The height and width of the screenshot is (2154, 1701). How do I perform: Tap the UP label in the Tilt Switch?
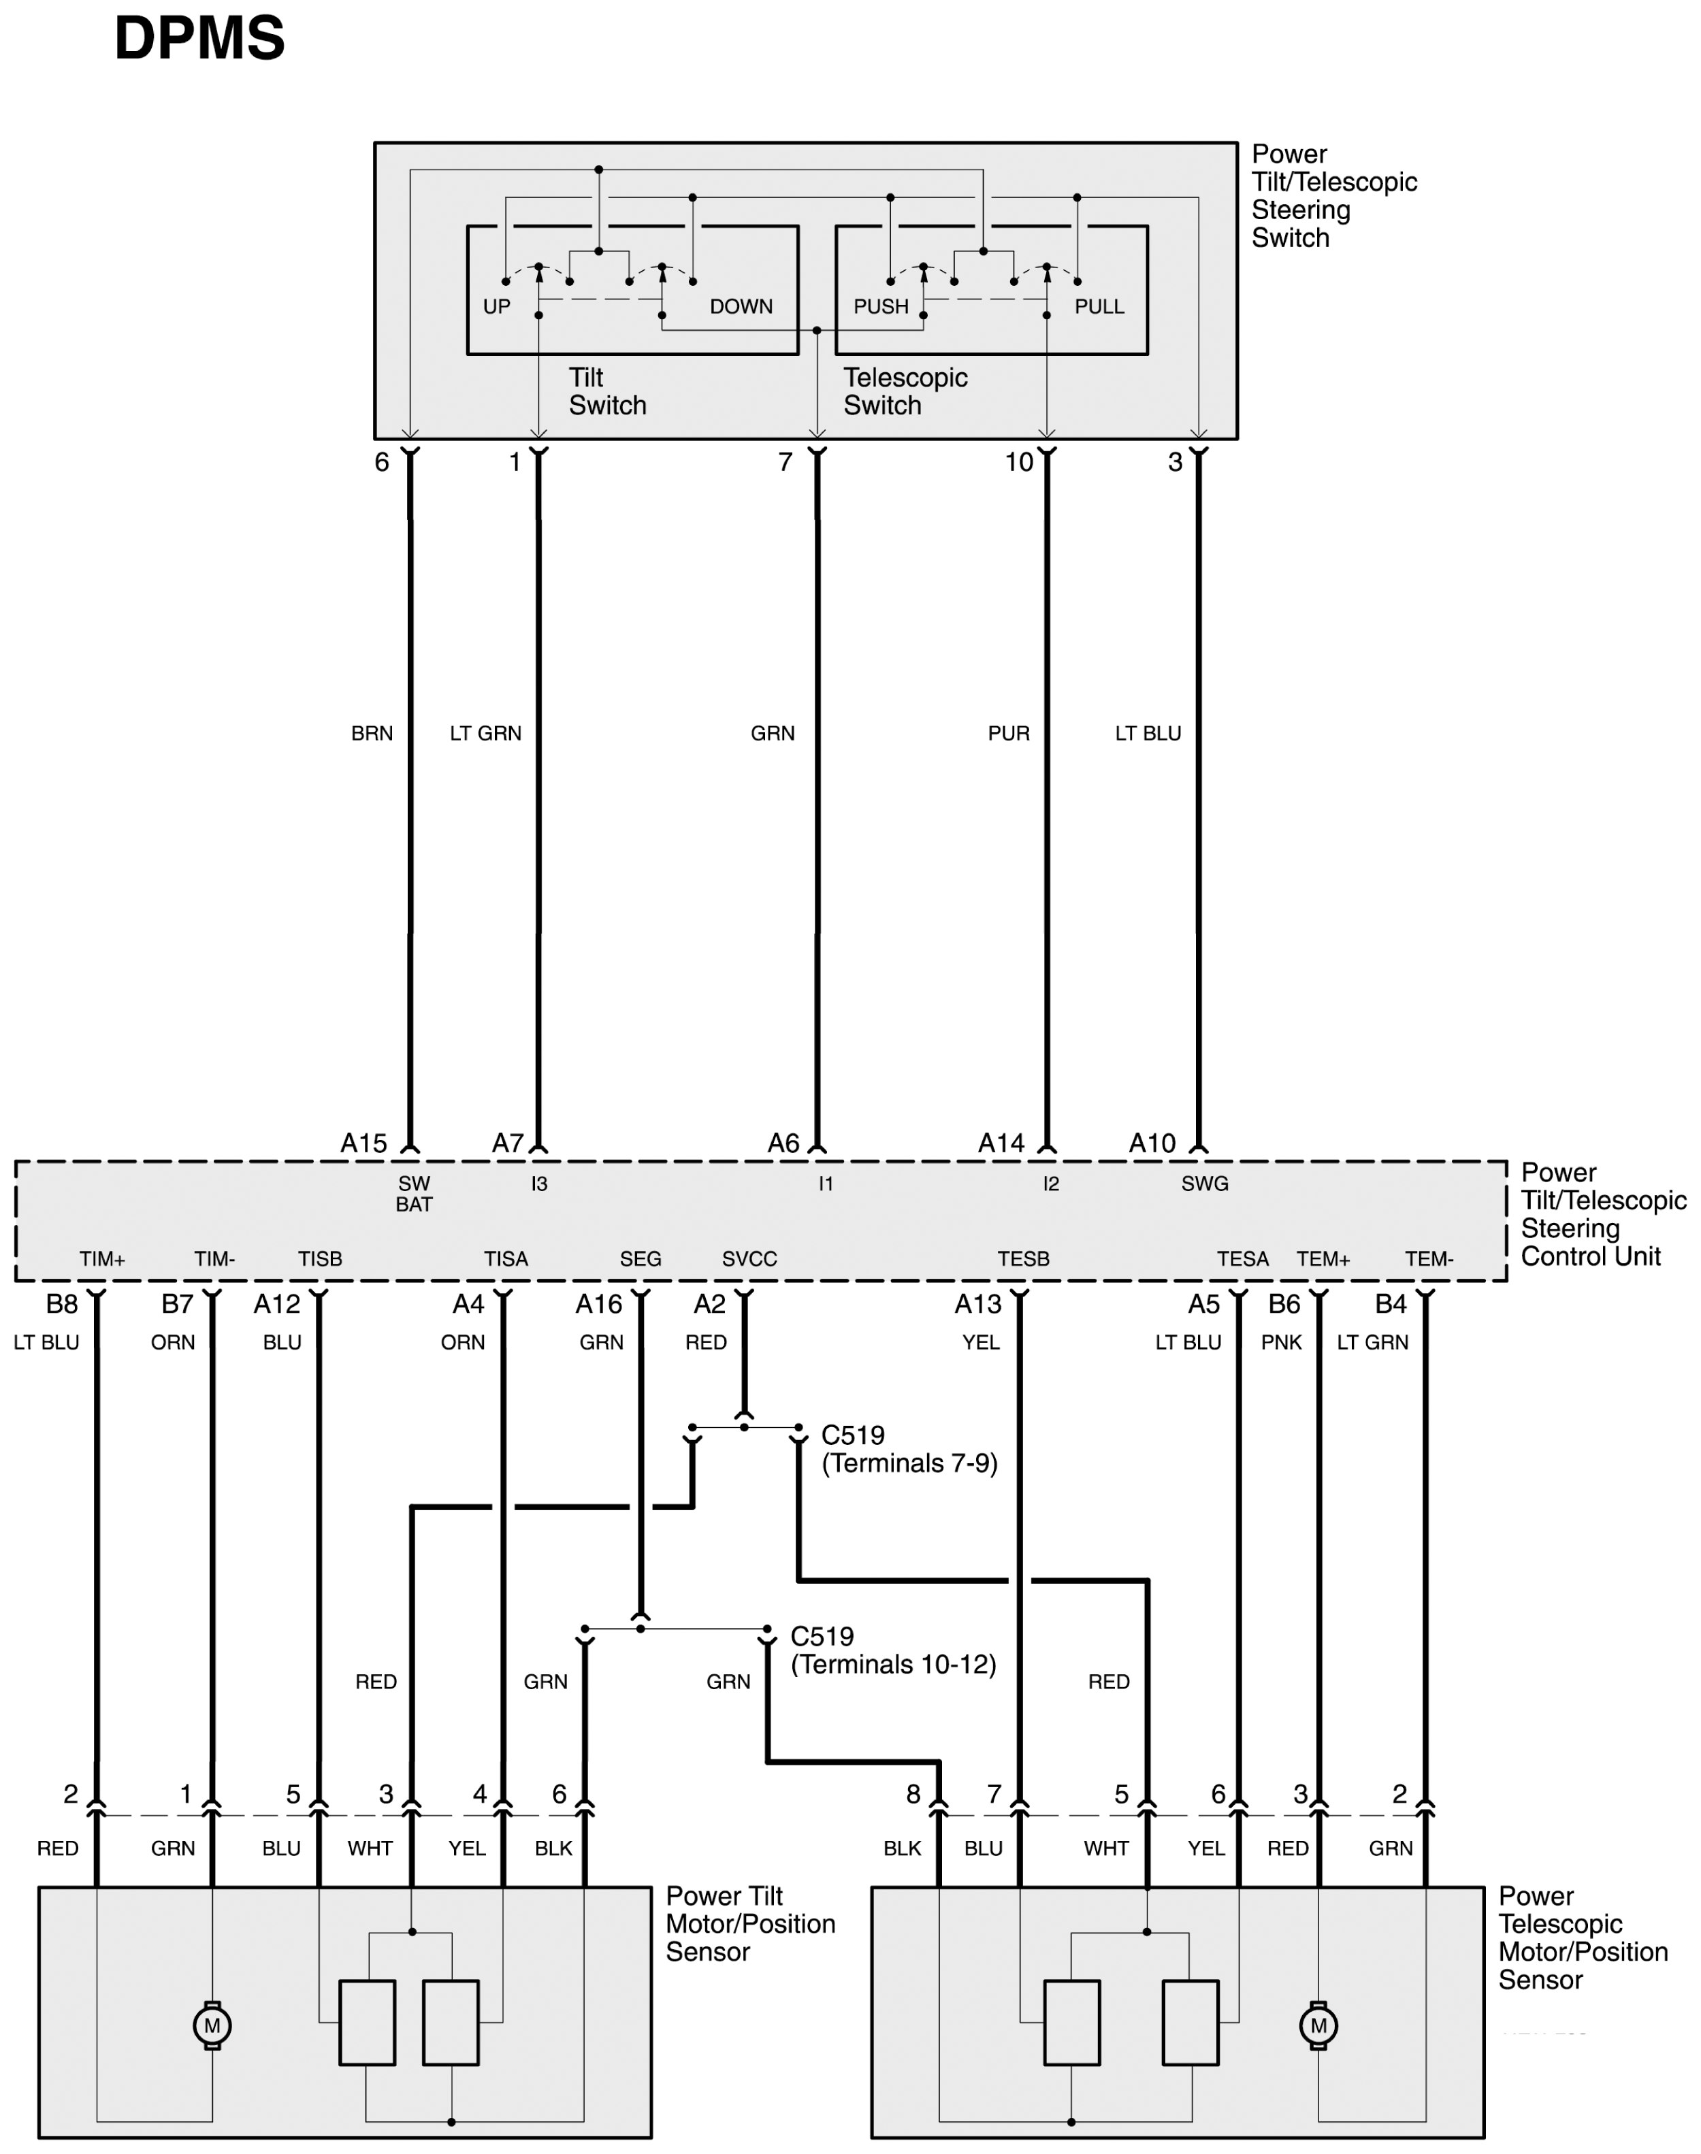tap(496, 307)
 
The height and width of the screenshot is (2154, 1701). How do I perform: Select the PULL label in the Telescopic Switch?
tap(1099, 307)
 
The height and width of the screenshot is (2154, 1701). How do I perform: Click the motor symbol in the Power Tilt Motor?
tap(212, 2025)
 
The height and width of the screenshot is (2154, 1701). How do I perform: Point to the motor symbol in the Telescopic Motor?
tap(1318, 2025)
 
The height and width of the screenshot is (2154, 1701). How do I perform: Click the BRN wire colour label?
tap(372, 734)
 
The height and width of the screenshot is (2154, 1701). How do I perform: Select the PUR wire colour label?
tap(1008, 734)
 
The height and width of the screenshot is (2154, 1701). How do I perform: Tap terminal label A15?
tap(363, 1143)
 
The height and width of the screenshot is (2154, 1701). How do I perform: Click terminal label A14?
tap(1000, 1143)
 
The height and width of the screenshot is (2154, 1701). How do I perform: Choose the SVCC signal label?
tap(749, 1259)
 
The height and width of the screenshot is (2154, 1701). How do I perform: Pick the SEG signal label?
tap(641, 1259)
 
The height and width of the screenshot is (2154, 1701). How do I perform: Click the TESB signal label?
tap(1023, 1259)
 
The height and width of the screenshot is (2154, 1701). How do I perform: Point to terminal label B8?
tap(62, 1303)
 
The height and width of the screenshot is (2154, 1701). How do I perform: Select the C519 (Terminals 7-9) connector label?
tap(908, 1449)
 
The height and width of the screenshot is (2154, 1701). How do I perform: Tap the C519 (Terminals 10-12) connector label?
tap(892, 1650)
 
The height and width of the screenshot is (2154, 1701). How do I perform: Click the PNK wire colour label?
tap(1281, 1342)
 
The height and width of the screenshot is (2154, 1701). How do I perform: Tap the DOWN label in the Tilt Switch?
tap(741, 307)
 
